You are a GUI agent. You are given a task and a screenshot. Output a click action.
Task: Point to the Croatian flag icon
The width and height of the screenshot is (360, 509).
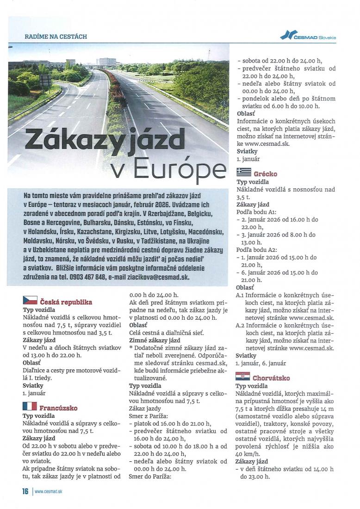[243, 376]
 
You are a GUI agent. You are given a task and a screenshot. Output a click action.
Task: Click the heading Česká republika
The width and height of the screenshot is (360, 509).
[66, 302]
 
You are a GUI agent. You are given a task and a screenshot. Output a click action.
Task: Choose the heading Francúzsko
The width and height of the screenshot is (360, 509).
[58, 408]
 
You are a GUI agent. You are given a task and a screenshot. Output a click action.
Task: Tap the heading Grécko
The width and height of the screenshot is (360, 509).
[266, 174]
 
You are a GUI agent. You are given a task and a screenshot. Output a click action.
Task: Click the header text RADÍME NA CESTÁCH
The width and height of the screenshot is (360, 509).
[56, 36]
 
